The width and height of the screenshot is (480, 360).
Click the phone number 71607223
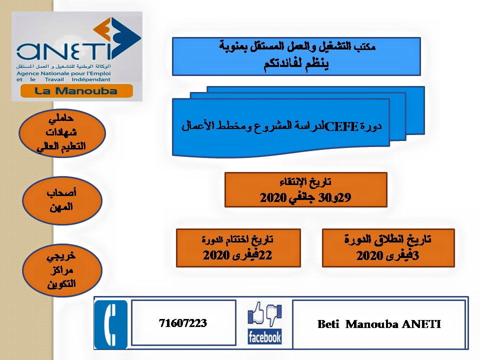tap(183, 323)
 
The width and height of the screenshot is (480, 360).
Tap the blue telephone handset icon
tap(110, 324)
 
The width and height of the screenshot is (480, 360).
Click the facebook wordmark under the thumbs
tap(264, 337)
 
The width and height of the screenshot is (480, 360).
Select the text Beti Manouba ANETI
tap(379, 324)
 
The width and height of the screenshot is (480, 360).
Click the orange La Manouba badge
tap(76, 91)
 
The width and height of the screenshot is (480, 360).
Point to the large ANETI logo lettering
tap(63, 51)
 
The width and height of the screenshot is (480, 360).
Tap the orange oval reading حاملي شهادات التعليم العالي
tap(62, 133)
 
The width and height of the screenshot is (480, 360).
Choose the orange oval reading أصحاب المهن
tap(62, 200)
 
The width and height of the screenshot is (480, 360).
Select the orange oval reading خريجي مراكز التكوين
tap(62, 270)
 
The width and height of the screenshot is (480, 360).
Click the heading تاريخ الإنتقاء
tap(305, 182)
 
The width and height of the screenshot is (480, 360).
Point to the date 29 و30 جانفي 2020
tap(305, 197)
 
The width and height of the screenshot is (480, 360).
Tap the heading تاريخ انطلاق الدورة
tap(387, 239)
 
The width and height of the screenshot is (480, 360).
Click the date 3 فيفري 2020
tap(387, 255)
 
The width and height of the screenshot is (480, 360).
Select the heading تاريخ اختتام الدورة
tap(237, 239)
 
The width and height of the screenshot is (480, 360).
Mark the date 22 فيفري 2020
tap(237, 254)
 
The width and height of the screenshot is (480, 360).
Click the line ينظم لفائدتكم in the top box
tap(296, 64)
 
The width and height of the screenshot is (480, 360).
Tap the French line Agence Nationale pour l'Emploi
tap(63, 73)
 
